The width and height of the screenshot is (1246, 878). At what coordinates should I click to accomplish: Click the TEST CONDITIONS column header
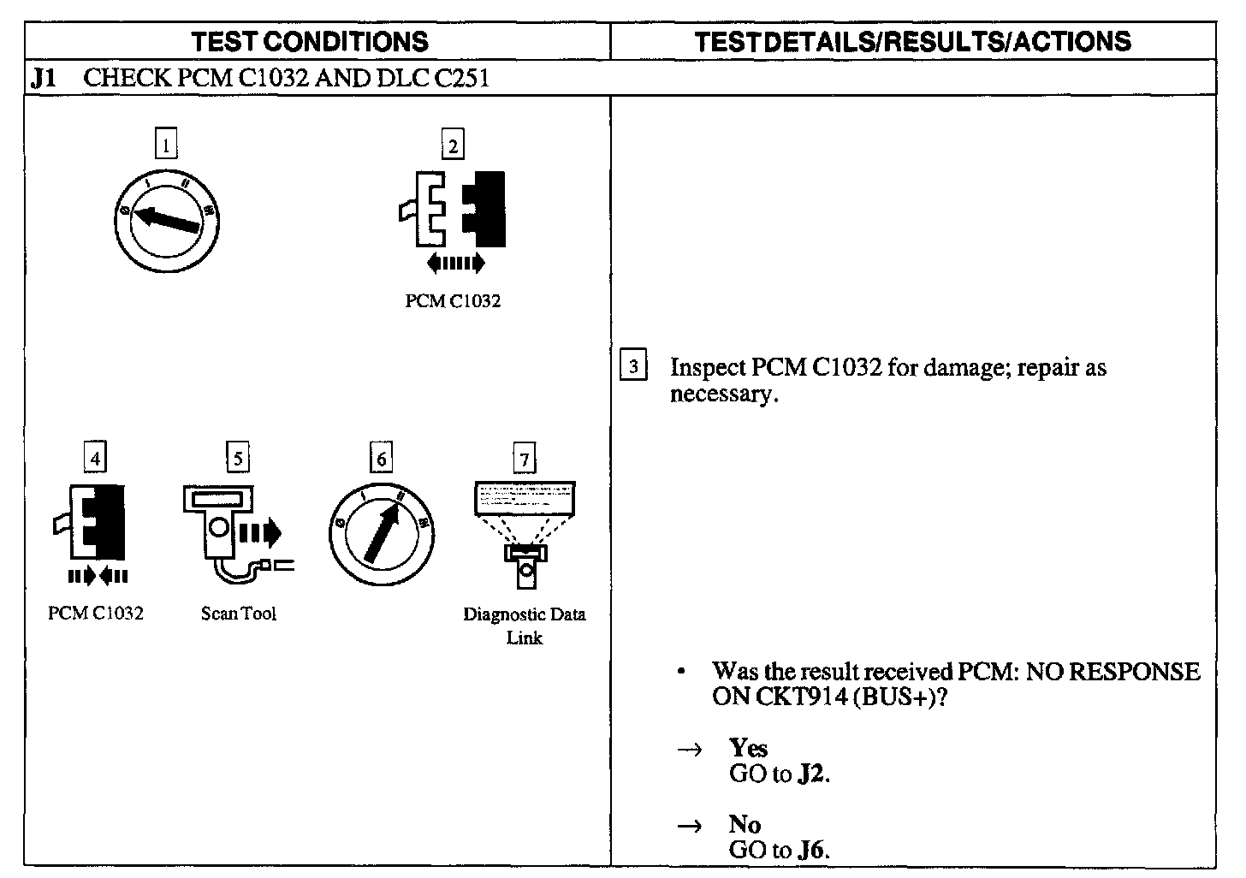coord(310,41)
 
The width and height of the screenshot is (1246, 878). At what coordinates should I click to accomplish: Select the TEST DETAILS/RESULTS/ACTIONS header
coord(913,41)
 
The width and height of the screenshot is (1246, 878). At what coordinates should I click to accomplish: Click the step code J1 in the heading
coord(43,79)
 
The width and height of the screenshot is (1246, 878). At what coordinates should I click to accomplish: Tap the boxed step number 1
coord(165,145)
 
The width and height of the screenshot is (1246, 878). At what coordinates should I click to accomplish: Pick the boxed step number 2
coord(451,145)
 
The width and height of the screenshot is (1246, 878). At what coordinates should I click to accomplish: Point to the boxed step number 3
coord(632,366)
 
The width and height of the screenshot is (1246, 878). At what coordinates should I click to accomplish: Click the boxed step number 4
coord(95,458)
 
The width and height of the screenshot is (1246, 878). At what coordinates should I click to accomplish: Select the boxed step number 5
coord(237,458)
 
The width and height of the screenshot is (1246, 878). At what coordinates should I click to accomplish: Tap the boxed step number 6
coord(381,458)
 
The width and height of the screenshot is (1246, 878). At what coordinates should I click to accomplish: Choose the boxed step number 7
coord(523,460)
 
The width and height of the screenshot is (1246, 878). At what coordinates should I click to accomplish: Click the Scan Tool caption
coord(239,614)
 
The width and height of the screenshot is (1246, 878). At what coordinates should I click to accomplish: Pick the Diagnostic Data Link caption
coord(524,626)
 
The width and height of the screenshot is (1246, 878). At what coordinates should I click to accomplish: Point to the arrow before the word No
coord(689,826)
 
